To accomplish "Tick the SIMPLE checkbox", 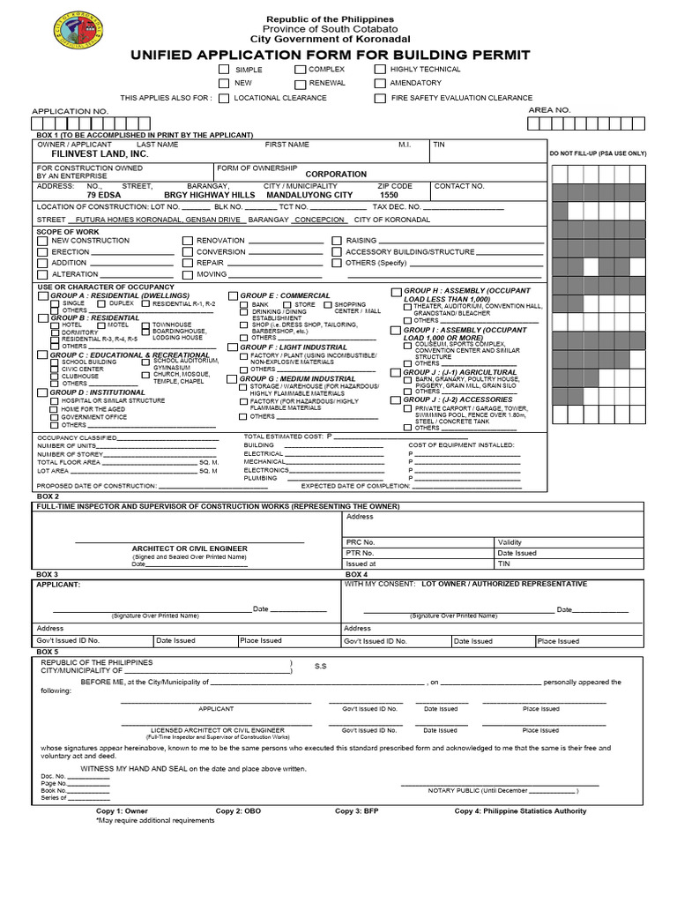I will coord(224,70).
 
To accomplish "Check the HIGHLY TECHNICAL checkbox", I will coord(380,70).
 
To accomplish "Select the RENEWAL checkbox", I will coord(301,84).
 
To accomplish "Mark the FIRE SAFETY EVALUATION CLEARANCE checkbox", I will coord(380,99).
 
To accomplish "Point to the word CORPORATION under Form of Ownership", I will coord(336,175).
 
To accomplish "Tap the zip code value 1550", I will coord(389,195).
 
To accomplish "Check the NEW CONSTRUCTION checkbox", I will coord(42,241).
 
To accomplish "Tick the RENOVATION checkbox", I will coord(188,241).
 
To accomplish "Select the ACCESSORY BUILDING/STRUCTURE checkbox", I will coord(337,252).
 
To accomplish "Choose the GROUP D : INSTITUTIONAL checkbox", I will coord(42,392).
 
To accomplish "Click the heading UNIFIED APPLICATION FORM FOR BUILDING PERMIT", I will coord(331,56).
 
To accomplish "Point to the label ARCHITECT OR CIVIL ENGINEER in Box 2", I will coord(190,549).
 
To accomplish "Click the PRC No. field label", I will coord(361,542).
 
